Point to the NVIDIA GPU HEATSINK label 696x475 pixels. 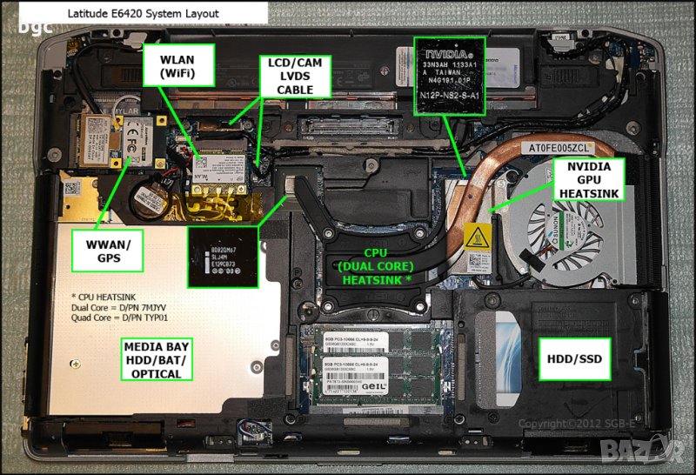click(x=589, y=177)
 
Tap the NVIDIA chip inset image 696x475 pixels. click(x=449, y=77)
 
